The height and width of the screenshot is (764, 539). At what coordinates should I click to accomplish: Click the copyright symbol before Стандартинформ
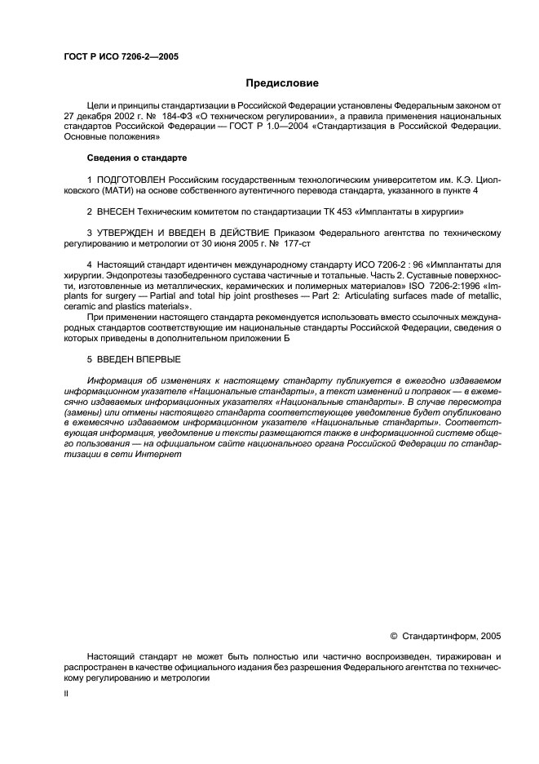click(x=394, y=634)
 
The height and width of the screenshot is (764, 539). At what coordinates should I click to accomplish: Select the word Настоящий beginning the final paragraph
click(x=111, y=656)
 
